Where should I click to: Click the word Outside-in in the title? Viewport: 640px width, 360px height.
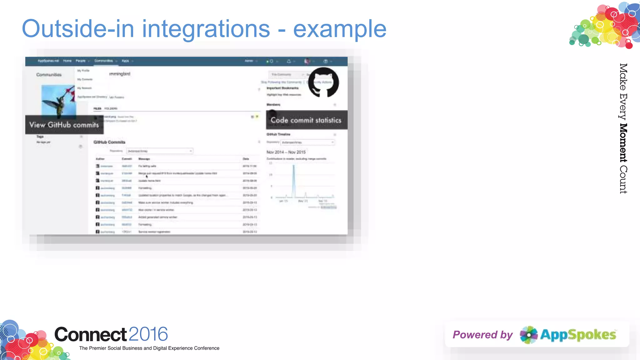point(78,29)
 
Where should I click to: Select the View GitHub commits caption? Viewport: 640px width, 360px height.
point(64,125)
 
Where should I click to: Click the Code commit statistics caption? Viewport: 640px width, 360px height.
point(306,120)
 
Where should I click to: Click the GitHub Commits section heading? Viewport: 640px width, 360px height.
point(109,142)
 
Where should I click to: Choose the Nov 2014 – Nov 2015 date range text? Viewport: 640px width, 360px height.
point(286,152)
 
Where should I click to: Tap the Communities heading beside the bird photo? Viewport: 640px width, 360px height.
point(49,75)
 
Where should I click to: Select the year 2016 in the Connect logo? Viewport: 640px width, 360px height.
point(148,334)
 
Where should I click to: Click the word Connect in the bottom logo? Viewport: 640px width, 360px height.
point(91,334)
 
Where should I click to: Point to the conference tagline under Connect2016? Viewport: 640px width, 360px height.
point(149,348)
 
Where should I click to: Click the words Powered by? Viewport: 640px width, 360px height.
point(482,335)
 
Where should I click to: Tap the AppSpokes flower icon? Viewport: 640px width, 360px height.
point(528,335)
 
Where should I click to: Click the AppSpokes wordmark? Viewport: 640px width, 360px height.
point(578,335)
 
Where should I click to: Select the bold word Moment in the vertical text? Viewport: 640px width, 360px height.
point(623,143)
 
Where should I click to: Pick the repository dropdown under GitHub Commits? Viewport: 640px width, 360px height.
point(159,151)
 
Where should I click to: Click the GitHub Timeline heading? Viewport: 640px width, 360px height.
point(278,134)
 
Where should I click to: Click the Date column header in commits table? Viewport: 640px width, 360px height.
point(246,159)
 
